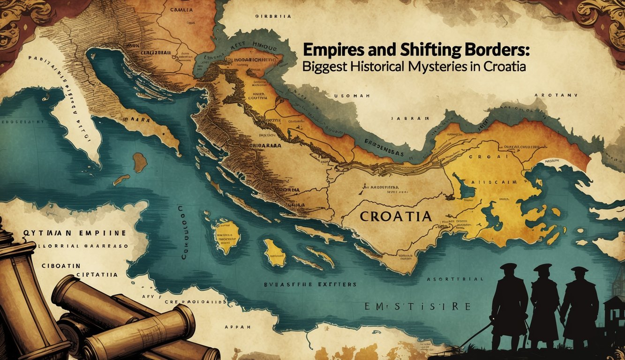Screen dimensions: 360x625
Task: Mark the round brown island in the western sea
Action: [139, 162]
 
